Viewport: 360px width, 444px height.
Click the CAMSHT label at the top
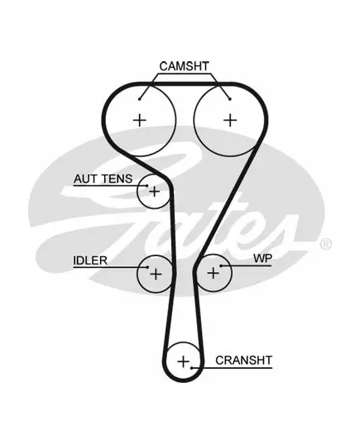point(184,66)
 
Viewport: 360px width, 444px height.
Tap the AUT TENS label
point(103,179)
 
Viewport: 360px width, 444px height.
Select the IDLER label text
point(90,260)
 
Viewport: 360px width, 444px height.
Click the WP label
point(262,258)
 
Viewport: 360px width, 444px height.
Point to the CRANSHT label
point(243,360)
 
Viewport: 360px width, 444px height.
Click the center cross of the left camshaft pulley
point(140,121)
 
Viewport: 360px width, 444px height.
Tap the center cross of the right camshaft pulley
point(230,120)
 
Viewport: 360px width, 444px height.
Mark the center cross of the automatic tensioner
point(155,192)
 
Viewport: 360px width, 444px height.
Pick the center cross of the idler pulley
point(156,275)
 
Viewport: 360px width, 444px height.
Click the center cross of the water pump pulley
point(214,273)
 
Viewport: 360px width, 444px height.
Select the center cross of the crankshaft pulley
point(183,361)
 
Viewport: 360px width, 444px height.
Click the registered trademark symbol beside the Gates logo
point(326,244)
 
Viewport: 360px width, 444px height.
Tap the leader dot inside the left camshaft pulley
point(140,99)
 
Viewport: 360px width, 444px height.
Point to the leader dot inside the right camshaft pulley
point(230,99)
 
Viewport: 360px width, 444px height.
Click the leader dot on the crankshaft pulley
point(192,368)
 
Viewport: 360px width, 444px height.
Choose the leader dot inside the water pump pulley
point(221,266)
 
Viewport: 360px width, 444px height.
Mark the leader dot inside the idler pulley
point(147,267)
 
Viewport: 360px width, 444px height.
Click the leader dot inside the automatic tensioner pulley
point(147,186)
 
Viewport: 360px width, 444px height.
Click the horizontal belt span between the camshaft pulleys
point(185,84)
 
